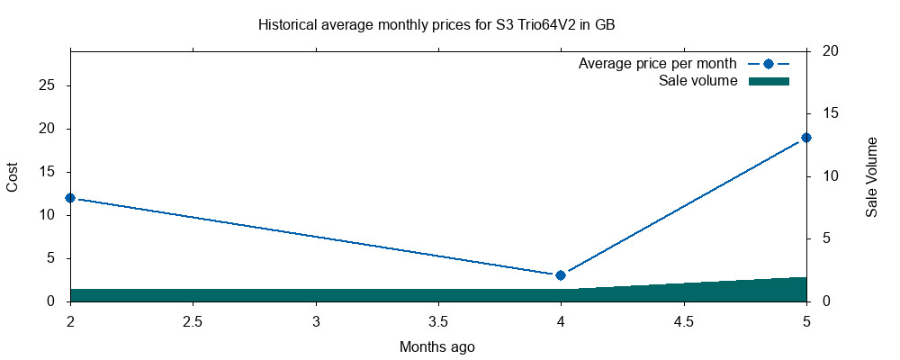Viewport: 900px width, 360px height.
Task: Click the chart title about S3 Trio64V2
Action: (x=436, y=25)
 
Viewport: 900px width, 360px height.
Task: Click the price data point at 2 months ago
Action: (x=70, y=198)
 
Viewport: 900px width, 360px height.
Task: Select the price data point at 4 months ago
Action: (x=561, y=275)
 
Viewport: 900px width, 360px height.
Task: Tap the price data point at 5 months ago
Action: (x=806, y=138)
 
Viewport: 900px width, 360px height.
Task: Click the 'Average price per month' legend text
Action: (x=658, y=64)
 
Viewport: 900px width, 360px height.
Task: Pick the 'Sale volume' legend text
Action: (x=698, y=81)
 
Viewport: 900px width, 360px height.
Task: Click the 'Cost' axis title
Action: (x=13, y=176)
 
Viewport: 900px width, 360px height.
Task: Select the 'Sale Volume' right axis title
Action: (x=871, y=176)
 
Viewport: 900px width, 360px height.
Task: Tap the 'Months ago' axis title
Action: (x=437, y=346)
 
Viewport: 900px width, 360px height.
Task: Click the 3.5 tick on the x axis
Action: (x=438, y=321)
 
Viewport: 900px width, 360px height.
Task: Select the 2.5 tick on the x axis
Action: (x=193, y=321)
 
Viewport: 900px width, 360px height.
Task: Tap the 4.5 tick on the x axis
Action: (x=683, y=321)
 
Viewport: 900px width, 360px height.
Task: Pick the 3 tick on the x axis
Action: (x=316, y=321)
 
